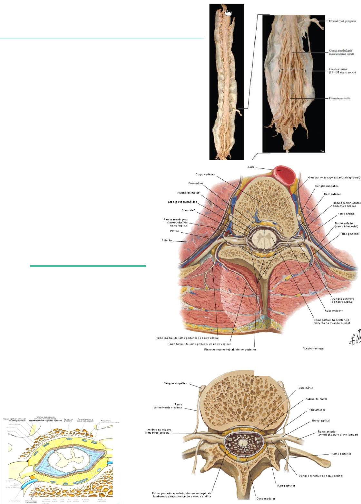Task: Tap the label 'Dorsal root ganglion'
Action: click(342, 21)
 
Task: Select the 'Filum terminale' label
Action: click(339, 98)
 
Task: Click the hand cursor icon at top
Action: click(228, 13)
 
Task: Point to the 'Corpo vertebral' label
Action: click(205, 175)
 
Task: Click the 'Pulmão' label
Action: click(166, 240)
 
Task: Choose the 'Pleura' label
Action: click(174, 231)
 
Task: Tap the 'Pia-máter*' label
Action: click(188, 210)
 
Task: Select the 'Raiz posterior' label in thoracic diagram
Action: click(334, 311)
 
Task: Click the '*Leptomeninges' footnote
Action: click(314, 348)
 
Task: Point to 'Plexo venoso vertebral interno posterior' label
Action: click(230, 349)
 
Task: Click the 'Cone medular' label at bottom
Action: click(266, 499)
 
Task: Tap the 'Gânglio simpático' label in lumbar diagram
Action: click(175, 383)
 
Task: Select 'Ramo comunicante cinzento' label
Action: click(168, 406)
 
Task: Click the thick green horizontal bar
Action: click(88, 266)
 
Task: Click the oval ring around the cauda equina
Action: click(292, 71)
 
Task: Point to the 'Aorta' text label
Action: click(251, 167)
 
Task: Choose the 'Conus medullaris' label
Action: click(341, 52)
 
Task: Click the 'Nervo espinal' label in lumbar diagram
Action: click(321, 421)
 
